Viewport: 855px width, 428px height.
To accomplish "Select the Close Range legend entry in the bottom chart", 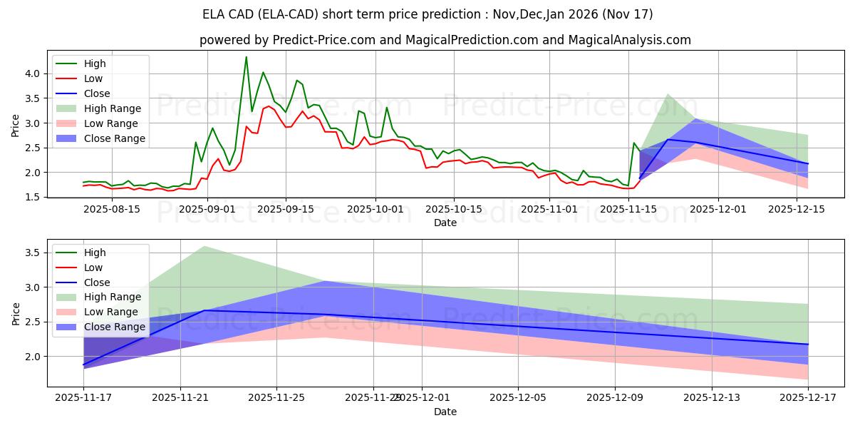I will pos(115,327).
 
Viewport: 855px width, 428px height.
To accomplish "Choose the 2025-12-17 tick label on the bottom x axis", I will pos(808,398).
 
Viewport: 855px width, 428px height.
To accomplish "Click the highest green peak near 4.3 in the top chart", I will pos(247,57).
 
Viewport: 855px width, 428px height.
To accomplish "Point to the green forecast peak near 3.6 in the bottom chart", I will pos(204,247).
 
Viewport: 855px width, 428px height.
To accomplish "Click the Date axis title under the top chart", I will pos(445,223).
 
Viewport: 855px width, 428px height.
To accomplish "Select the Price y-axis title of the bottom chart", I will pos(16,313).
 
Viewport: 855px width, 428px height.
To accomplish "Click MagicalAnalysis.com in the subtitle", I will pos(629,40).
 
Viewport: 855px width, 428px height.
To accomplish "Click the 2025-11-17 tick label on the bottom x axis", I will pos(83,398).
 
